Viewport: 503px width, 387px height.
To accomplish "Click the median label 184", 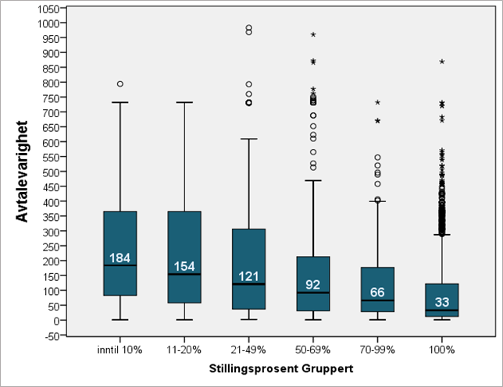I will point(120,257).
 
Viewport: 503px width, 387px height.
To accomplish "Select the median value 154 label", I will point(184,266).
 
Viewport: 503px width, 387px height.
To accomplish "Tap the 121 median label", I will point(248,275).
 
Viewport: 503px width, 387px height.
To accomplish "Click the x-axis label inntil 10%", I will point(120,350).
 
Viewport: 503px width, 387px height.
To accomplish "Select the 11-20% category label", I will point(184,350).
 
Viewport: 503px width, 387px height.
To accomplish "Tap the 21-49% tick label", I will point(248,350).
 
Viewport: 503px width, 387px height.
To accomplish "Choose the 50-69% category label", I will point(312,350).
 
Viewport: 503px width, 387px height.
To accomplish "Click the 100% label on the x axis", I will point(441,350).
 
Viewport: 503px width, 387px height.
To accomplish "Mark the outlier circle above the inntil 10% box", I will point(120,83).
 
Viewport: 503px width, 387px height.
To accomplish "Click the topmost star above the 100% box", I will point(442,62).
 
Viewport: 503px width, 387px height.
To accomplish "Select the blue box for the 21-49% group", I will point(248,269).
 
